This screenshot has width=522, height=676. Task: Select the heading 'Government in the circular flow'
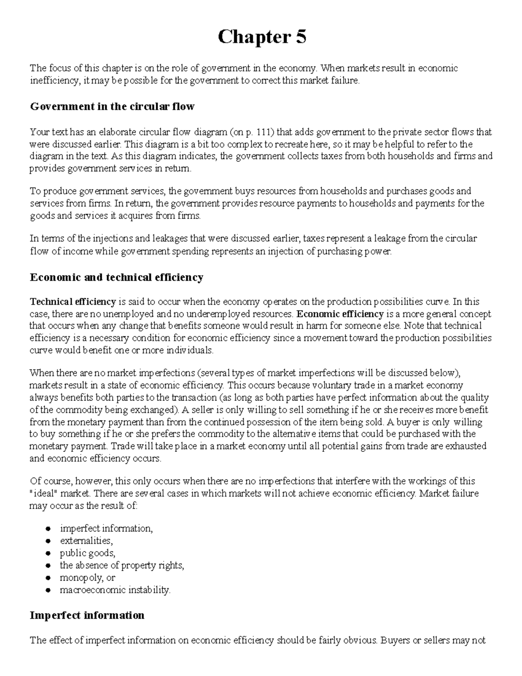pyautogui.click(x=112, y=107)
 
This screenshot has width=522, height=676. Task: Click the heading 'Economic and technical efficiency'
pyautogui.click(x=116, y=278)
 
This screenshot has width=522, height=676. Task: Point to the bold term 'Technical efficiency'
pyautogui.click(x=72, y=302)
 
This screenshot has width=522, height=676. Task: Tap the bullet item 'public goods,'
pyautogui.click(x=87, y=553)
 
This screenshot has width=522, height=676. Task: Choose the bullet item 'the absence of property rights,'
pyautogui.click(x=122, y=565)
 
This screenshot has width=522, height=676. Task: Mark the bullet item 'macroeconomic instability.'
pyautogui.click(x=115, y=590)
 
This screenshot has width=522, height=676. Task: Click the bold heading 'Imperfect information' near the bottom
pyautogui.click(x=87, y=615)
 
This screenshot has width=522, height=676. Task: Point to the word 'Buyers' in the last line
pyautogui.click(x=395, y=640)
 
